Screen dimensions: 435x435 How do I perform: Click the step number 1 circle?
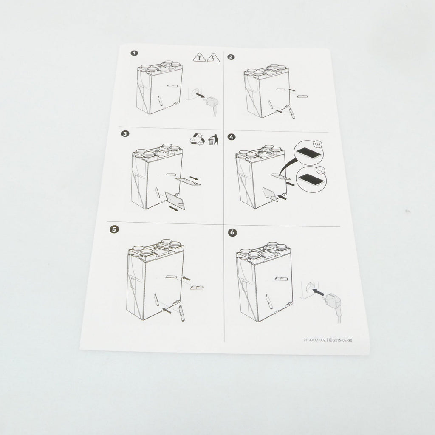coord(134,53)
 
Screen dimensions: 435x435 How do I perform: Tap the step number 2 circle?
coord(231,57)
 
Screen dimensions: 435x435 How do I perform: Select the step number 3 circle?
coord(125,134)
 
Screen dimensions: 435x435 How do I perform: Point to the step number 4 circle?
coord(232,137)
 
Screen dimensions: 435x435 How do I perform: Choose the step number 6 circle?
coord(232,232)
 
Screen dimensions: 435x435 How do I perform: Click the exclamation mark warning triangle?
coord(199,57)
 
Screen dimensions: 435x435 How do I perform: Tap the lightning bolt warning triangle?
coord(213,58)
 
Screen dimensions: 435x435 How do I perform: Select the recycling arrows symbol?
coord(197,139)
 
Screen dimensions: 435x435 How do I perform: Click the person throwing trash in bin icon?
coord(213,139)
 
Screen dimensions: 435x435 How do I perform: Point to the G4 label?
coord(317,144)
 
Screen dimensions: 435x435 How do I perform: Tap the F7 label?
coord(320,170)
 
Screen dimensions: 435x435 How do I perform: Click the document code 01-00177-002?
coord(314,340)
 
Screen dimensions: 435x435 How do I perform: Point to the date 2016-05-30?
coord(343,340)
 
